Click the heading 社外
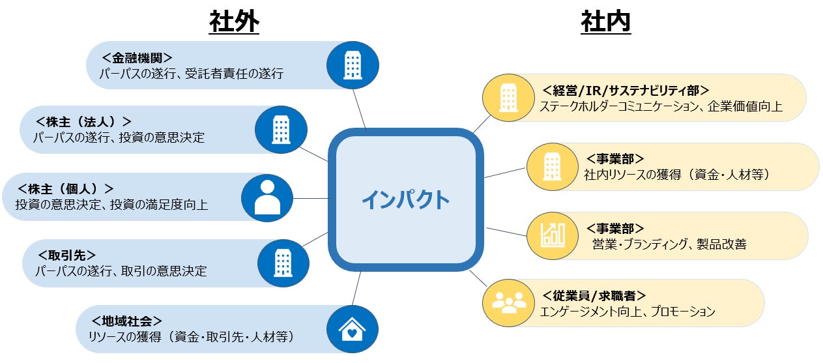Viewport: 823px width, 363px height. pos(234,22)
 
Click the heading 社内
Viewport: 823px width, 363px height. pos(605,22)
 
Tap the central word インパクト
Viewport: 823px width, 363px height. pos(405,199)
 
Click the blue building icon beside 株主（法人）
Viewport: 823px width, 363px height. pos(280,130)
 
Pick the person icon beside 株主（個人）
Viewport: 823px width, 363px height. pos(267,198)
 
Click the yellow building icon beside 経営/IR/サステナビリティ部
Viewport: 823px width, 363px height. pos(508,98)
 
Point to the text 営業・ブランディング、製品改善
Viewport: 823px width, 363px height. pos(669,245)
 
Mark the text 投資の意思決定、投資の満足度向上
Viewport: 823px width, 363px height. pos(111,205)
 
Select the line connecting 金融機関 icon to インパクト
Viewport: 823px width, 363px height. pos(360,108)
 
